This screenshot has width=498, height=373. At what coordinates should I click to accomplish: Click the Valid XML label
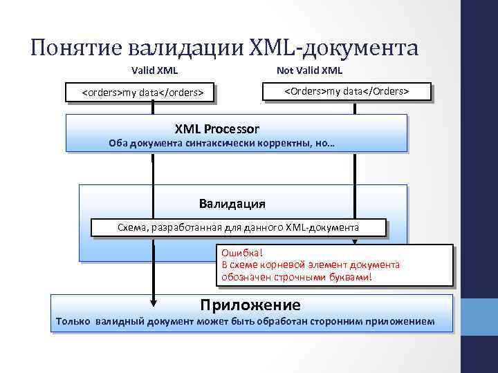[x=154, y=70]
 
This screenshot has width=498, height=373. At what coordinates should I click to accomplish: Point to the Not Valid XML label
[x=309, y=70]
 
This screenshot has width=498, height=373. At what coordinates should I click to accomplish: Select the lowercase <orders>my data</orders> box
[x=142, y=92]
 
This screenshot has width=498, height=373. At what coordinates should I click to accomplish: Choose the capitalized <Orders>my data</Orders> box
[x=347, y=91]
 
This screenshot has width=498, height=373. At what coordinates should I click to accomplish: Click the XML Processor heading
[x=216, y=128]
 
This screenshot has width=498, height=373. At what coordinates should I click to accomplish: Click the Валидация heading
[x=232, y=204]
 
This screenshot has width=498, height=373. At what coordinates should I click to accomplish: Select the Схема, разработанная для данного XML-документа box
[x=238, y=227]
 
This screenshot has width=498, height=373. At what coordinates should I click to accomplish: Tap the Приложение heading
[x=250, y=305]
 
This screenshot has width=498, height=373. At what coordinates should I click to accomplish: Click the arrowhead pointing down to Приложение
[x=153, y=301]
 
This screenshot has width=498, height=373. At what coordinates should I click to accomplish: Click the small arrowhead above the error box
[x=355, y=242]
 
